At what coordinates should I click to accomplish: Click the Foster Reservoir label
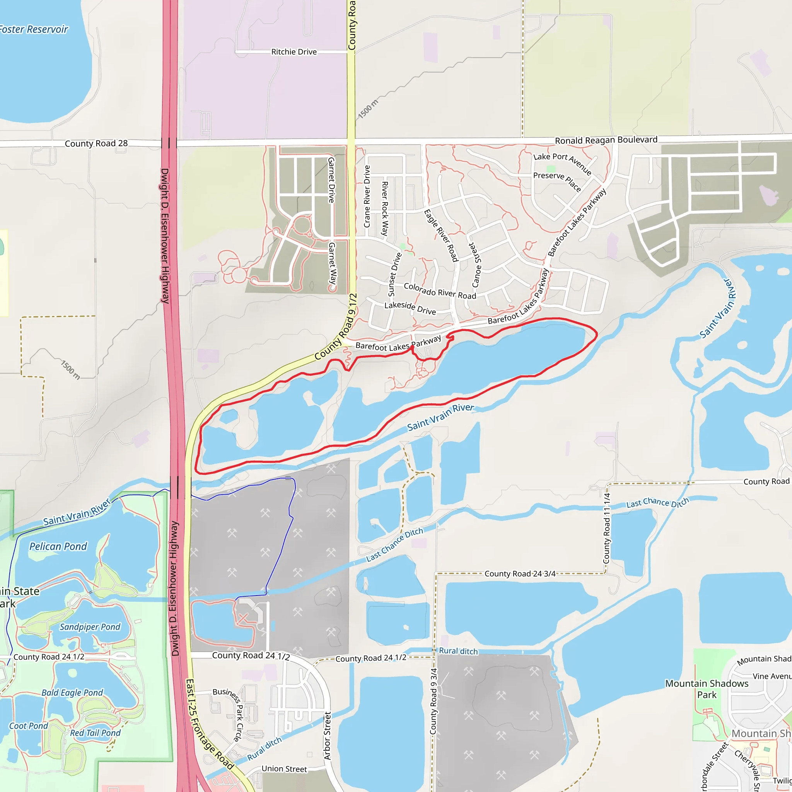click(34, 29)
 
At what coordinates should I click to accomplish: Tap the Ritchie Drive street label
click(294, 52)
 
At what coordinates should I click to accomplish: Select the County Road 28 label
click(96, 143)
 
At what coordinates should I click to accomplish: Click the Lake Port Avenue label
click(562, 163)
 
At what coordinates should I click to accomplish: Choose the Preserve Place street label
click(557, 181)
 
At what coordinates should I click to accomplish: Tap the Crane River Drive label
click(367, 196)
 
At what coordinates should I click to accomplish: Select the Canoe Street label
click(476, 265)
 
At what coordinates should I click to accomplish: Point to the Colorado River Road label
click(440, 291)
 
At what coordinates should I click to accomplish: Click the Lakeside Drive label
click(410, 308)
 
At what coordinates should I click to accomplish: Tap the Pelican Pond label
click(58, 546)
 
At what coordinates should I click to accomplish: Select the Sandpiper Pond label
click(90, 627)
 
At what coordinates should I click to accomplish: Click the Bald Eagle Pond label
click(73, 692)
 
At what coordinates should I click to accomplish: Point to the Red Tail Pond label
click(96, 732)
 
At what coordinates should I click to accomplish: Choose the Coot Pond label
click(29, 725)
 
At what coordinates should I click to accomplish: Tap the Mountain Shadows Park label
click(707, 689)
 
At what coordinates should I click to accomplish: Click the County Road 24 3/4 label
click(520, 574)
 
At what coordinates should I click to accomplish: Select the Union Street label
click(284, 769)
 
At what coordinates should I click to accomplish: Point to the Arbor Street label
click(328, 736)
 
